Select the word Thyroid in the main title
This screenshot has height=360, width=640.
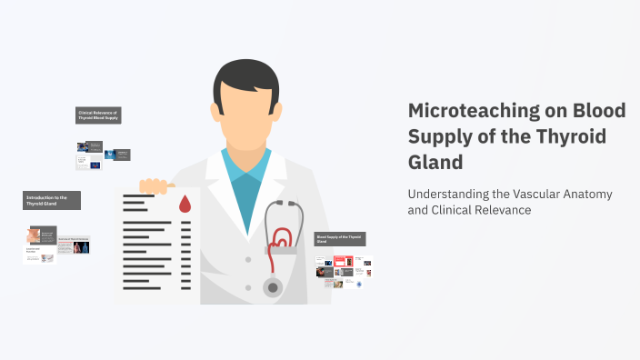[574, 137]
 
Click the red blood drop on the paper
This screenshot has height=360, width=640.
[185, 203]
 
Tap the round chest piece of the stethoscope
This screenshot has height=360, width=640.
[273, 288]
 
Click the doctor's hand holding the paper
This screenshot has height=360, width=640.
[155, 186]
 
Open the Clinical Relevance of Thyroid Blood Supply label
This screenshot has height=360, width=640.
[98, 115]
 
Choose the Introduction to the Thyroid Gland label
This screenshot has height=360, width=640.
[52, 200]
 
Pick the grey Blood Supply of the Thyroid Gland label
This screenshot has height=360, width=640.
[340, 239]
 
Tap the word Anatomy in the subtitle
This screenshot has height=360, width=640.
[583, 194]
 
